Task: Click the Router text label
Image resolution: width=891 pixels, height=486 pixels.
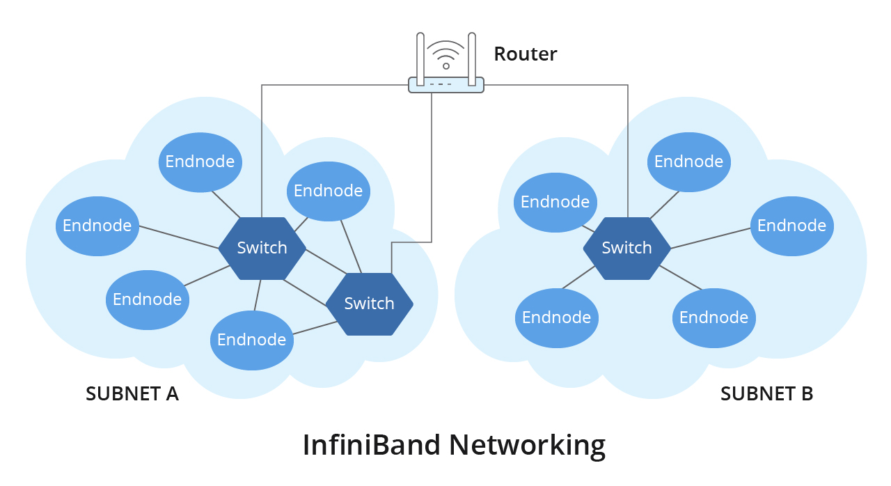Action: pos(525,54)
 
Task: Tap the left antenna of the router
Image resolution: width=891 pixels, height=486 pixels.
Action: pos(420,59)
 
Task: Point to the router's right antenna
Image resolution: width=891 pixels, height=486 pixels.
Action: pos(472,59)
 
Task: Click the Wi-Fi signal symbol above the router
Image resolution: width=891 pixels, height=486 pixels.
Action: pos(446,55)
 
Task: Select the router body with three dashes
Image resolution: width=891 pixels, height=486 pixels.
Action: pos(446,85)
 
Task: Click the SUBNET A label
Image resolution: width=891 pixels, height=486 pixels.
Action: pos(132,393)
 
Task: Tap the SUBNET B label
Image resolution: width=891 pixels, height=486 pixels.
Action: pos(766,393)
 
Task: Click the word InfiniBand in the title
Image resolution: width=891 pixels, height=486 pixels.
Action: pos(372,445)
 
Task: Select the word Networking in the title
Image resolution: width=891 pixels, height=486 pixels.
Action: pos(527,446)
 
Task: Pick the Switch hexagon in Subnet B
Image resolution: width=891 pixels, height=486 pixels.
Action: pos(627,248)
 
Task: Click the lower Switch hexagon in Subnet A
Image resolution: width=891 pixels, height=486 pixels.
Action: pos(369,304)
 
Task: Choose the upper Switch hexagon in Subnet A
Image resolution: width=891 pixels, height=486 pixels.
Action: pos(262,248)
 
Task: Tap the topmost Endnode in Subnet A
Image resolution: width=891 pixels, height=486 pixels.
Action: pos(200,162)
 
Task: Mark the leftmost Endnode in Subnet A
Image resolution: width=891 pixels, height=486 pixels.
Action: pos(97,226)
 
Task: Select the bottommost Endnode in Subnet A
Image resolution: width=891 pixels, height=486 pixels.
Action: pos(252,340)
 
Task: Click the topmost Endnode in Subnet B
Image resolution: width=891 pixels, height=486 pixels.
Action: pos(689,162)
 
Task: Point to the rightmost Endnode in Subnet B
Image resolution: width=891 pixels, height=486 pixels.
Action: pos(792,226)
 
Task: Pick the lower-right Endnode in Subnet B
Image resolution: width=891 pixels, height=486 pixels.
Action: pos(714,318)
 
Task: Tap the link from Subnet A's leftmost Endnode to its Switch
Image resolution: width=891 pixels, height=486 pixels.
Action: pos(179,237)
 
